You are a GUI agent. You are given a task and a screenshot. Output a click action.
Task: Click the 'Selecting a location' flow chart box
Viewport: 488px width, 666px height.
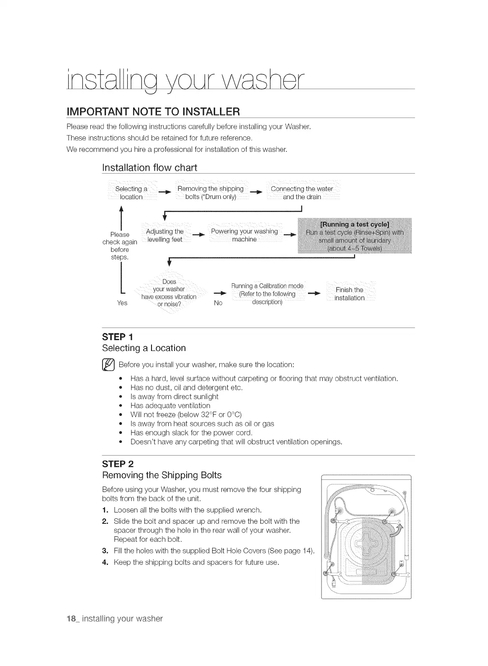coord(131,193)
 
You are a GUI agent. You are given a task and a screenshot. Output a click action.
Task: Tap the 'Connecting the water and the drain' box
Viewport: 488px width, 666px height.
coord(302,193)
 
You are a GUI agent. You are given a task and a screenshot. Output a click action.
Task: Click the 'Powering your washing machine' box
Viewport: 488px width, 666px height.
coord(244,235)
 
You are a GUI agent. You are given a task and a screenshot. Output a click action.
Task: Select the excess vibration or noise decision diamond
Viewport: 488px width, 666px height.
coord(169,293)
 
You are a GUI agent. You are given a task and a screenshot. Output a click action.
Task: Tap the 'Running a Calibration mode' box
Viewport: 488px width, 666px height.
coord(267,294)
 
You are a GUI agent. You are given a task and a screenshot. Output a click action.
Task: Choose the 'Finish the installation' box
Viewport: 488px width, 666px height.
coord(349,294)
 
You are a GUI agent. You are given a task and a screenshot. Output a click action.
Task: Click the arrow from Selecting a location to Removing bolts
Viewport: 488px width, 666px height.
coord(166,193)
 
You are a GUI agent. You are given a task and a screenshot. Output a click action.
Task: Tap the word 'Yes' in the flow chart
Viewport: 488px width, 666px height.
coord(122,302)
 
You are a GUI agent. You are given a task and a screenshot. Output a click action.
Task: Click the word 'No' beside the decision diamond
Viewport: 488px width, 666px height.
coord(218,303)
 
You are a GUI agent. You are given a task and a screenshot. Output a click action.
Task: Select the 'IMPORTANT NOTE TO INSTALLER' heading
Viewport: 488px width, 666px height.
coord(153,112)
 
